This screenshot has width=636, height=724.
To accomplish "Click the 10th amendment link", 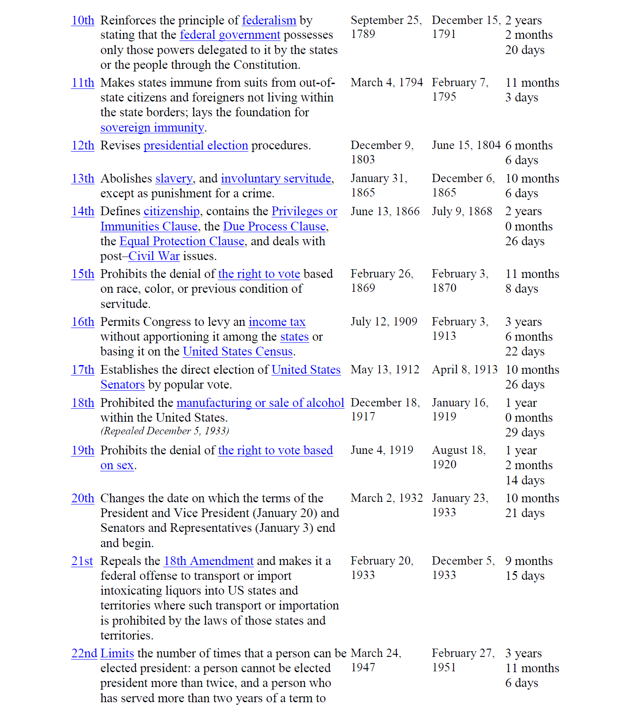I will (83, 20).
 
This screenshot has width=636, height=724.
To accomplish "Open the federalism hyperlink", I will (269, 20).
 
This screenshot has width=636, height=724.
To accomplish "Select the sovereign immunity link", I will (152, 128).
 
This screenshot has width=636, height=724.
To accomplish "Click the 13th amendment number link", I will (83, 179).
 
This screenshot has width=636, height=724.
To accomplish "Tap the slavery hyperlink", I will (174, 179).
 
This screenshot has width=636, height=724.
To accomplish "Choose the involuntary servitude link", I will (276, 179).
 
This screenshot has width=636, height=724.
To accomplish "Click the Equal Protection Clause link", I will (182, 241).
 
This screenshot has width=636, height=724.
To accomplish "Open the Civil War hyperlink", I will (154, 256).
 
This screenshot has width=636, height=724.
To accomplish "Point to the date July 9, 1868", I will (462, 211).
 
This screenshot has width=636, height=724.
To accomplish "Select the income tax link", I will (277, 322).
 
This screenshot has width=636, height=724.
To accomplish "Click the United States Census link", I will (237, 352).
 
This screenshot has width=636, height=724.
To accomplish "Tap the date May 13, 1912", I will (385, 370).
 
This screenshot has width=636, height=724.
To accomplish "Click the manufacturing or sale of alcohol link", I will (260, 403).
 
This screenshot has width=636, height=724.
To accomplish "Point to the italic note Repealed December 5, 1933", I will (165, 431).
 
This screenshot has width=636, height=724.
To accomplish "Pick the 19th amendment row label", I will (83, 450).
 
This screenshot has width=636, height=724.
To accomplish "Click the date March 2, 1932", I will (386, 498).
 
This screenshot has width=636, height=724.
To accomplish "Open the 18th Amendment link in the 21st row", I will (208, 561).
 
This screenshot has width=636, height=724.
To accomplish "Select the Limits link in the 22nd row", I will (117, 653).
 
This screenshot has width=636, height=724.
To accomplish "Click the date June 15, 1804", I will (466, 145).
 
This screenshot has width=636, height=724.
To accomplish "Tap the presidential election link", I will (196, 145).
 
